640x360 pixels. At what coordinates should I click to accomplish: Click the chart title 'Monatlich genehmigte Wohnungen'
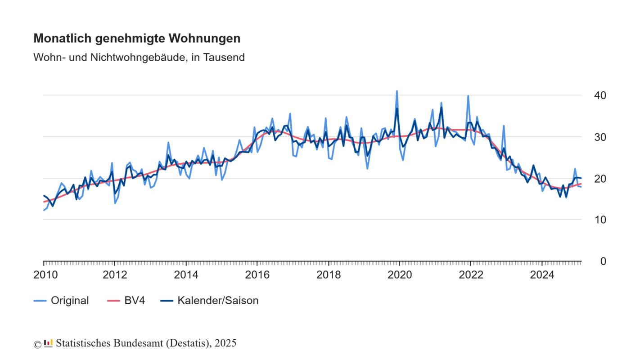click(x=137, y=39)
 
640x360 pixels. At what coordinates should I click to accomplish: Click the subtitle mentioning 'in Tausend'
click(x=139, y=58)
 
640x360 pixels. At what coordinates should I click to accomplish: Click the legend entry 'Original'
click(x=69, y=301)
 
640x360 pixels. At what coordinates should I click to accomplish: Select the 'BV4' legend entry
click(x=134, y=301)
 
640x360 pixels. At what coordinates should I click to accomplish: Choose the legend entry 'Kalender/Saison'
click(x=218, y=301)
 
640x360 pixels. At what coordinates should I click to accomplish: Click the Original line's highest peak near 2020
click(x=397, y=91)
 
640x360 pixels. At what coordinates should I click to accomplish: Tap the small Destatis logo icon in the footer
click(x=48, y=343)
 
